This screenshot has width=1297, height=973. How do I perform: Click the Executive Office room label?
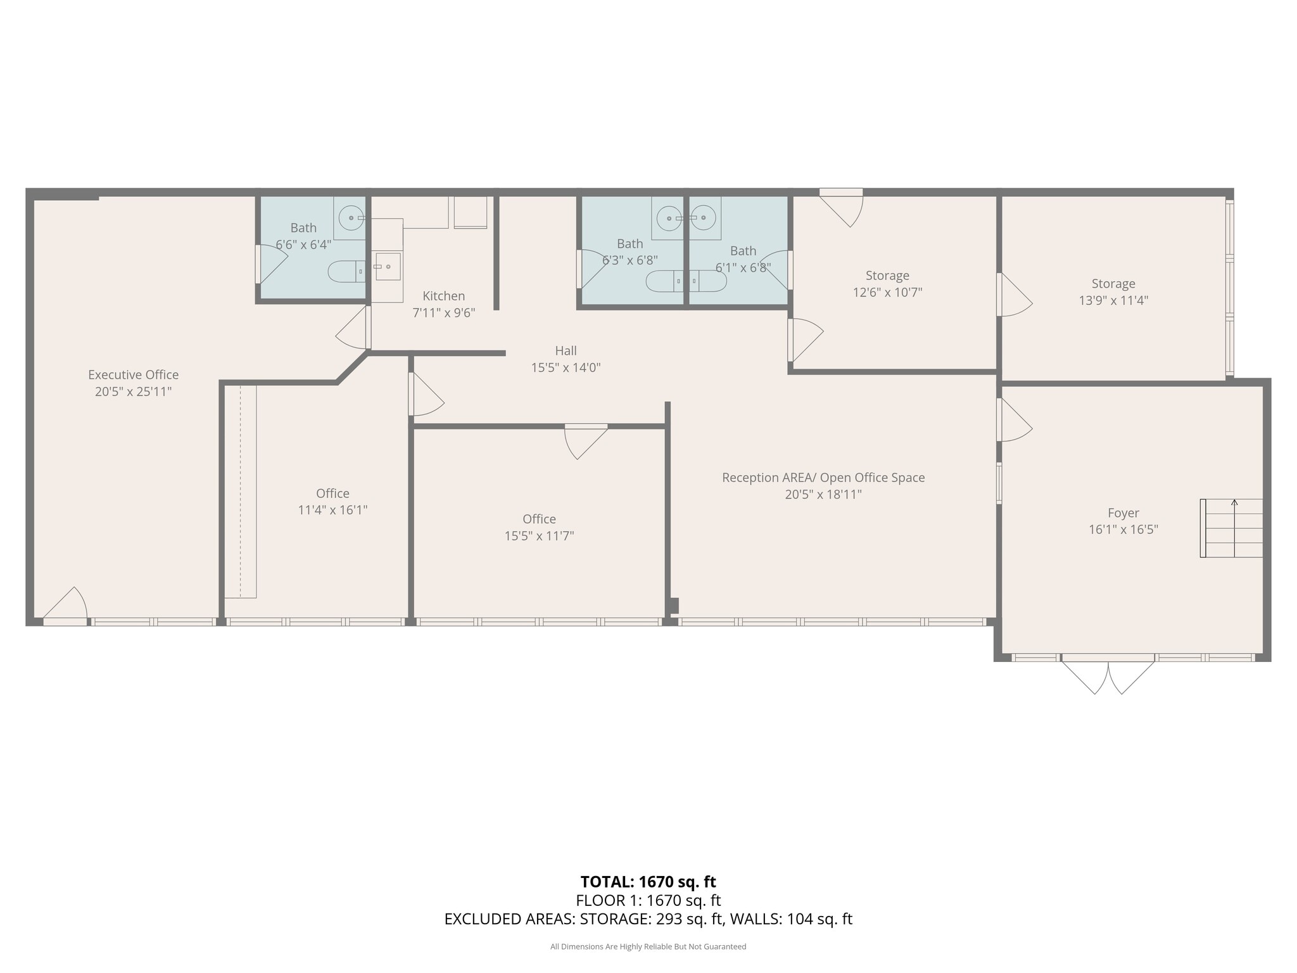click(x=133, y=374)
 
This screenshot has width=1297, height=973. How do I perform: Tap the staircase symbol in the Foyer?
click(x=1231, y=528)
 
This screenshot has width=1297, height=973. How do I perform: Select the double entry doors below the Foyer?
click(x=1108, y=677)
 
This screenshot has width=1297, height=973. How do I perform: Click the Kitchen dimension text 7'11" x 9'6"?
click(x=443, y=313)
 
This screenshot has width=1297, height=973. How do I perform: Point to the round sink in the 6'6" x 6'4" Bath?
click(x=350, y=218)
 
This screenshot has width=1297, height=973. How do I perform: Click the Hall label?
click(x=566, y=351)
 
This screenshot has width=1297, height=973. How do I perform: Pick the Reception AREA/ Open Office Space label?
click(x=823, y=478)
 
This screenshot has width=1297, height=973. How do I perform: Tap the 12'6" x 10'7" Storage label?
click(x=887, y=276)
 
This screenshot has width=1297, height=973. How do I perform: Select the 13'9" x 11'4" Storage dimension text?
click(x=1113, y=300)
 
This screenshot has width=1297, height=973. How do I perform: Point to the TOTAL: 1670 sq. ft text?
click(x=648, y=882)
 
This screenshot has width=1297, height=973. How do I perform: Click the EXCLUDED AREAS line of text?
click(x=648, y=919)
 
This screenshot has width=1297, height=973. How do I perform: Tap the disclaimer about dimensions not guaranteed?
click(x=648, y=946)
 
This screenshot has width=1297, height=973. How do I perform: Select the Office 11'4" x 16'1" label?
click(x=332, y=493)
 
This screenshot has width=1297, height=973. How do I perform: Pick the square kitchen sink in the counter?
click(x=387, y=266)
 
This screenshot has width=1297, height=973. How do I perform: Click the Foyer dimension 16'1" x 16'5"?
click(x=1123, y=530)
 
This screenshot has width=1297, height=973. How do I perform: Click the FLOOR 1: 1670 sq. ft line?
click(x=648, y=900)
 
